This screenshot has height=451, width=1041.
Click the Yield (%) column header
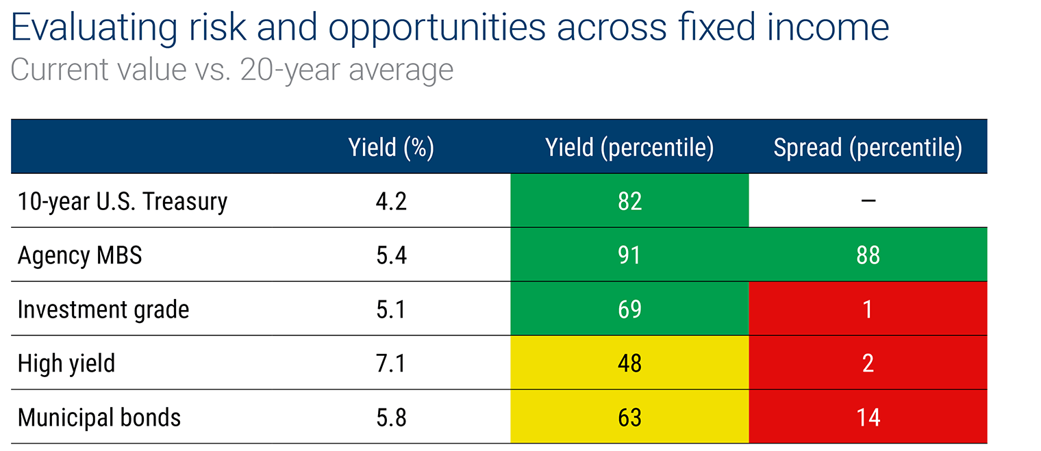coord(391,147)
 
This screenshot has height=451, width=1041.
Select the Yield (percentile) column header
coord(629,147)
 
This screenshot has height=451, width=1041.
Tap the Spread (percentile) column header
coord(868,147)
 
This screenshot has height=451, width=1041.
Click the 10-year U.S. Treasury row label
coord(122,201)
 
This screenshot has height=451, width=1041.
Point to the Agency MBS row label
coord(79,255)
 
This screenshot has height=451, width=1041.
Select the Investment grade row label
coord(103,309)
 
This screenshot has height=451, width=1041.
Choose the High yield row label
coord(66,363)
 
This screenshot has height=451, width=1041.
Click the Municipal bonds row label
coord(99,417)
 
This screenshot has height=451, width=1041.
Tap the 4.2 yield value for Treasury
coord(391,201)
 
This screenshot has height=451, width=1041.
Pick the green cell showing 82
coord(629,201)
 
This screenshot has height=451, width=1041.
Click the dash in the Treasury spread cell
coord(868,201)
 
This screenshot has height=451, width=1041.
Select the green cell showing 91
coord(629,255)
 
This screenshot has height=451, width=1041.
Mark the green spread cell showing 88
coord(868,255)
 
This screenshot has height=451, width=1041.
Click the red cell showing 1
coord(868,309)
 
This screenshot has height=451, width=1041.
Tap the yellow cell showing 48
coord(629,363)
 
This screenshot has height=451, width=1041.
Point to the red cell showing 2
coord(868,363)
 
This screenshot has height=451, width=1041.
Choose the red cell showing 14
coord(868,417)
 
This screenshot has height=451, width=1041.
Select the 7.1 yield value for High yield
coord(391,363)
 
